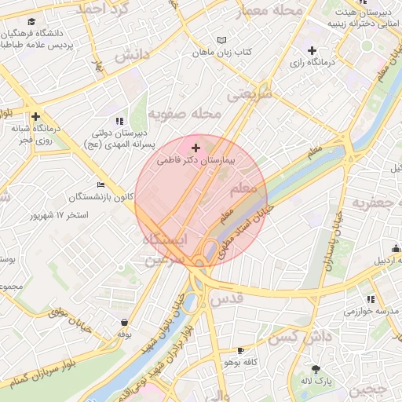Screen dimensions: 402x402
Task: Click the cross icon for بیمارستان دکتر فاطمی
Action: [196, 148]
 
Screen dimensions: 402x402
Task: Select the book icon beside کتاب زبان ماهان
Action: [221, 41]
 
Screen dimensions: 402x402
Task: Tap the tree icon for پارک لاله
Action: [316, 369]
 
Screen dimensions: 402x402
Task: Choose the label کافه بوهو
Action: [241, 363]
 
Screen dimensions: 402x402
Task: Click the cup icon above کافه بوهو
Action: [240, 350]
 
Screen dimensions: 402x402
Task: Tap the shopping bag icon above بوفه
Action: [124, 322]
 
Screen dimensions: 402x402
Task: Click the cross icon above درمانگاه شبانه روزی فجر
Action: [35, 116]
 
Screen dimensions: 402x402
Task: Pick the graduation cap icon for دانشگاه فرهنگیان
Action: [32, 23]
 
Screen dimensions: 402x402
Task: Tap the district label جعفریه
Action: [378, 204]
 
